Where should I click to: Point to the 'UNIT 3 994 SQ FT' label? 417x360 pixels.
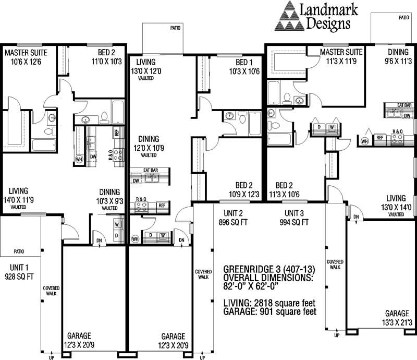click(297, 218)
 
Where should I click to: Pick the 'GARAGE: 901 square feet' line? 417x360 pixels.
click(268, 312)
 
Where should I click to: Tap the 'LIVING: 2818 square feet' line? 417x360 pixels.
click(267, 303)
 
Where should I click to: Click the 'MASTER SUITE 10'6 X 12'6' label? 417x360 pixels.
click(26, 57)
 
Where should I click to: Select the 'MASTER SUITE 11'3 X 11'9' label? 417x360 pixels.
click(341, 57)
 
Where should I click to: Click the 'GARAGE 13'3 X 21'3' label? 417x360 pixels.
click(397, 318)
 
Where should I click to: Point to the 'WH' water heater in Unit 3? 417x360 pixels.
click(365, 140)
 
